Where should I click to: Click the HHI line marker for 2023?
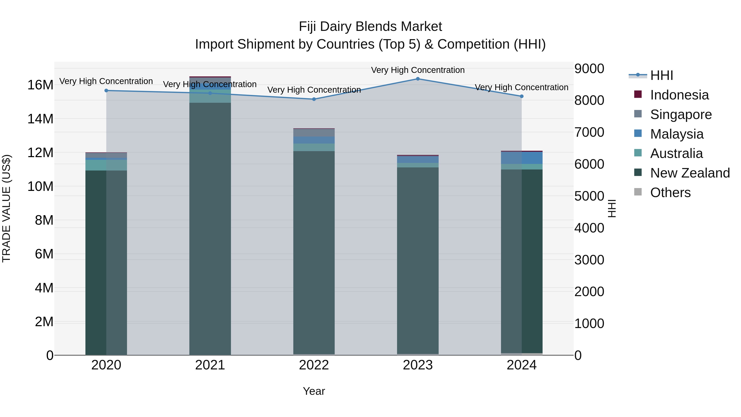[418, 79]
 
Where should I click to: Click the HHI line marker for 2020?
[106, 91]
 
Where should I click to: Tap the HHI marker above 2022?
[314, 99]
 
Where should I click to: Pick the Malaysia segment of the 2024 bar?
[522, 158]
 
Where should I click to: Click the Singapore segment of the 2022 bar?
[314, 133]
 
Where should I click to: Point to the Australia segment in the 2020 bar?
[106, 165]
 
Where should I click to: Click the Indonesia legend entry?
[679, 95]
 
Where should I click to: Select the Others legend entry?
[670, 193]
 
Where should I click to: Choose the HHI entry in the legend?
[661, 75]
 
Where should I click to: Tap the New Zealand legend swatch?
[638, 173]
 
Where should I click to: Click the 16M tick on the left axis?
[40, 85]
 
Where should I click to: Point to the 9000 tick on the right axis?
[589, 69]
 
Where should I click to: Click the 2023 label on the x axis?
[418, 365]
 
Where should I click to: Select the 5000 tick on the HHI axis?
[589, 196]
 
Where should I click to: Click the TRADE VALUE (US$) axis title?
[6, 208]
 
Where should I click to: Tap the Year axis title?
[314, 391]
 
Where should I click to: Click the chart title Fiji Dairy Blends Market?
[370, 27]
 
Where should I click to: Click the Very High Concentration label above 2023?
[418, 70]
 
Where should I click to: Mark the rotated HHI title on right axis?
[612, 208]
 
